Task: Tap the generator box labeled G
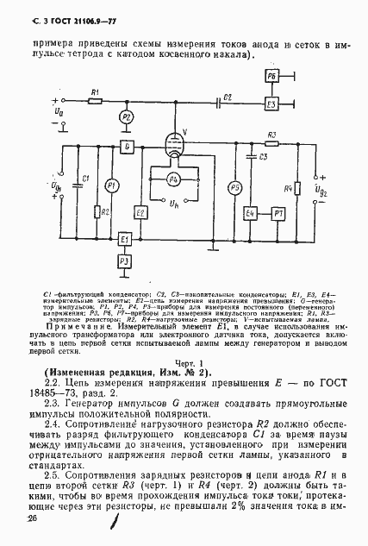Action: [127, 147]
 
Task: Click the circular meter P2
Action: [127, 116]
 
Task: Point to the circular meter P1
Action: [110, 186]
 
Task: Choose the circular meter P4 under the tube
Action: [173, 179]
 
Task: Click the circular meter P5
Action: [234, 188]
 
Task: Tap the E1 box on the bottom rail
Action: [125, 239]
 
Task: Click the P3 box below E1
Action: [125, 260]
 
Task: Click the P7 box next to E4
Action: [278, 212]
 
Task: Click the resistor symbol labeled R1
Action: [96, 101]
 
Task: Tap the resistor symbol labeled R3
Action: [271, 144]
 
